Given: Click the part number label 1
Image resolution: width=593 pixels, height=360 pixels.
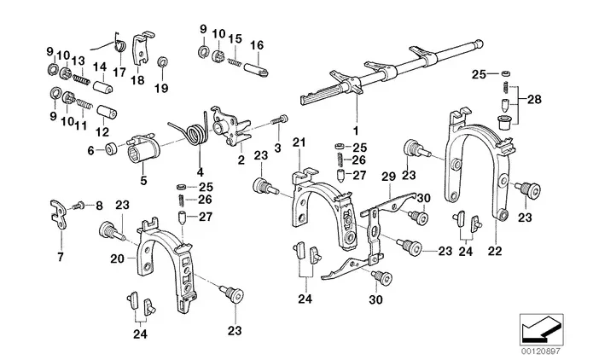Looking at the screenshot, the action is click(x=356, y=131).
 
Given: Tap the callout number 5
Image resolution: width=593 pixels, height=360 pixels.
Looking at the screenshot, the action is click(x=143, y=180).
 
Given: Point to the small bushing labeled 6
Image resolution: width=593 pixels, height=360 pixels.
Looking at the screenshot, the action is click(x=111, y=148).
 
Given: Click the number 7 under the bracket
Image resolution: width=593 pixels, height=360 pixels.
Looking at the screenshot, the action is click(x=61, y=258).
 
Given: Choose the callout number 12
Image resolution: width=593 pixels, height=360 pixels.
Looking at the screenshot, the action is click(x=102, y=132).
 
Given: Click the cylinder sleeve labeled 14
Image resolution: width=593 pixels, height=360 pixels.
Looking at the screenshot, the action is click(x=103, y=86).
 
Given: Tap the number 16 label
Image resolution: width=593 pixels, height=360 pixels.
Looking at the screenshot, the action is click(x=257, y=45).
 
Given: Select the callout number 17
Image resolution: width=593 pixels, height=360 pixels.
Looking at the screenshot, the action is click(x=119, y=72).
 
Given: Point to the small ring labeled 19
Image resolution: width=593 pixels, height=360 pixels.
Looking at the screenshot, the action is click(x=163, y=61).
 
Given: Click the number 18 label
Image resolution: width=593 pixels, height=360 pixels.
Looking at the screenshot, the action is click(x=137, y=80).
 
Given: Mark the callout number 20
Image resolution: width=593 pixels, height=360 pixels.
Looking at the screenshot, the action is click(x=117, y=258).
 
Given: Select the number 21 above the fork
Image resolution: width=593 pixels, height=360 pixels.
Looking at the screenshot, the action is click(x=299, y=142).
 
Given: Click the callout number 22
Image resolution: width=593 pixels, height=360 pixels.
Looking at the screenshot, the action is click(x=495, y=251).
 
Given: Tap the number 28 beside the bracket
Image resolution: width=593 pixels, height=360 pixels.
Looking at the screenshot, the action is click(x=534, y=100).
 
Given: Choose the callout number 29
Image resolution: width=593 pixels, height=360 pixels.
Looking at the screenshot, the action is click(x=389, y=177).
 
